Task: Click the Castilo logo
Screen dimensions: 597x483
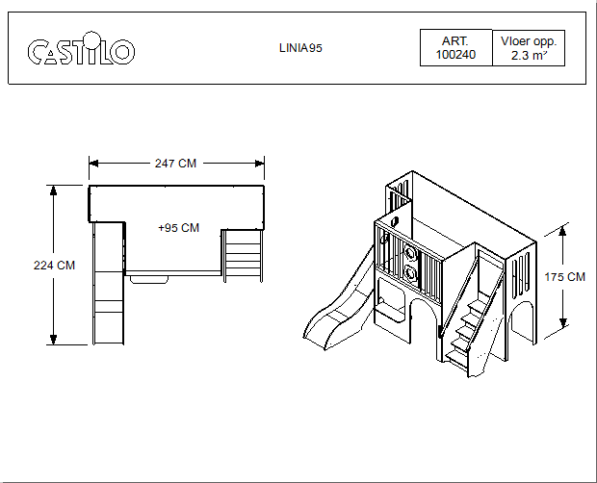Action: coord(81,49)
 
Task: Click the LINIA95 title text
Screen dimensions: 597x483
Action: coord(300,48)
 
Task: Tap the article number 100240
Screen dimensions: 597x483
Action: coord(455,55)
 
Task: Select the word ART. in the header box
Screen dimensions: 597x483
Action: coord(455,41)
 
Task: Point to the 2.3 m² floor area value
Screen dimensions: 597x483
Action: coord(530,56)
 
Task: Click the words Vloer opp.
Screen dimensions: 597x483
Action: coord(529,41)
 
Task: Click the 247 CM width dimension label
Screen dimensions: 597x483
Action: coord(175,164)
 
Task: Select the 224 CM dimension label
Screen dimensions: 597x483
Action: coord(55,266)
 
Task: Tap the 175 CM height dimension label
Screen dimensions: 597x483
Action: coord(564,277)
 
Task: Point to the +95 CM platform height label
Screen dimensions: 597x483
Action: coord(178,228)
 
